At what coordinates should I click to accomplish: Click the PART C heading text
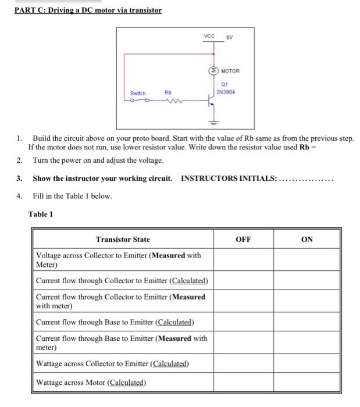88,10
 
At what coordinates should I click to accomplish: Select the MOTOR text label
230,72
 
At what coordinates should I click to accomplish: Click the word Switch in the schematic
138,92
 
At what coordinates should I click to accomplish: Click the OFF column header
243,239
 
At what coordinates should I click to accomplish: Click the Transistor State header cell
123,240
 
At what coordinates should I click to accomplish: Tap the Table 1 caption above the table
41,214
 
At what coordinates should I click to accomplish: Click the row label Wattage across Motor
91,382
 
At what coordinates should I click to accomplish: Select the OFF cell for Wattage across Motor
243,382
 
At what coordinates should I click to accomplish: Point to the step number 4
19,196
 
